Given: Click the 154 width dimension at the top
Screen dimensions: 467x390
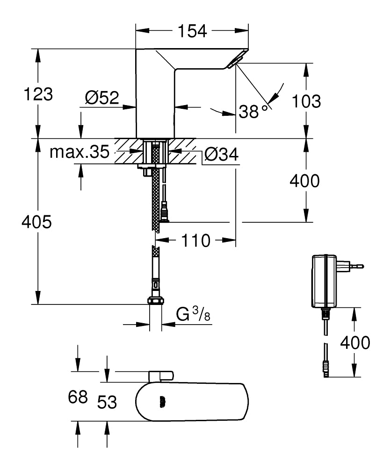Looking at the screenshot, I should [x=192, y=31].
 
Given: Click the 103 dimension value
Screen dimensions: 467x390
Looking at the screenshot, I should [x=306, y=101].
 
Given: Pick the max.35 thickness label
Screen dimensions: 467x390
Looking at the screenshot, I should [x=79, y=152].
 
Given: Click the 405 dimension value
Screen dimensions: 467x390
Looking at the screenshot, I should [x=36, y=222].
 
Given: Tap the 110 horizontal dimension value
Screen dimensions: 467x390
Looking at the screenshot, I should [x=195, y=241].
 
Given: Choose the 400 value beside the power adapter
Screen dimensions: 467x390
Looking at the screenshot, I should [x=354, y=343].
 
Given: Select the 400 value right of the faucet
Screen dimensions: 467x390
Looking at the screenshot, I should [x=304, y=181].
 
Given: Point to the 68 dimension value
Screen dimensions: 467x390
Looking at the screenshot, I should [x=78, y=397].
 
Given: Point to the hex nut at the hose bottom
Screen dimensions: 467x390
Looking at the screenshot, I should [x=155, y=301].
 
